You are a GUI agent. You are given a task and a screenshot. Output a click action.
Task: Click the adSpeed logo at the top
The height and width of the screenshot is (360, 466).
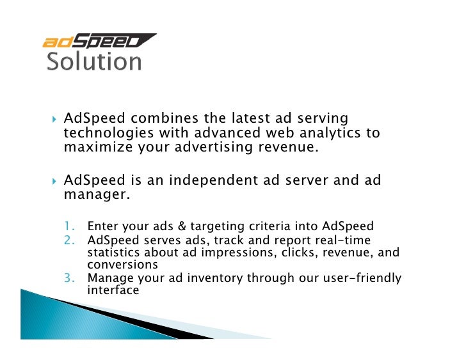point(99,42)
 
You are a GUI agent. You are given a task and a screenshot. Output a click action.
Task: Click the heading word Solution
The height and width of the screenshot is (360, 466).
point(94,62)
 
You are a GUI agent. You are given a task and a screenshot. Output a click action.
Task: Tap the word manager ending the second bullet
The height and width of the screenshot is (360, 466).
point(96,194)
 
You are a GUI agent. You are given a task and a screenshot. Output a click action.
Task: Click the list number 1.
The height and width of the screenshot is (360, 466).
point(69,226)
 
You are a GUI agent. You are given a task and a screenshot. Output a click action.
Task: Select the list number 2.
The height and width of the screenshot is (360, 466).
point(69,240)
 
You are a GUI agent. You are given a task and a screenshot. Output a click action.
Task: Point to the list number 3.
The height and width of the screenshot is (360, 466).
point(69,278)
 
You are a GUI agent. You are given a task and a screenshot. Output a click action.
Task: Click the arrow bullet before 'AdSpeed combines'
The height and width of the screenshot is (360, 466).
point(54,120)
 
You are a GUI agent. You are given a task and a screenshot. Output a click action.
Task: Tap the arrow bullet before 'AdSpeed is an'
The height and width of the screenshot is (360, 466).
point(54,181)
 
